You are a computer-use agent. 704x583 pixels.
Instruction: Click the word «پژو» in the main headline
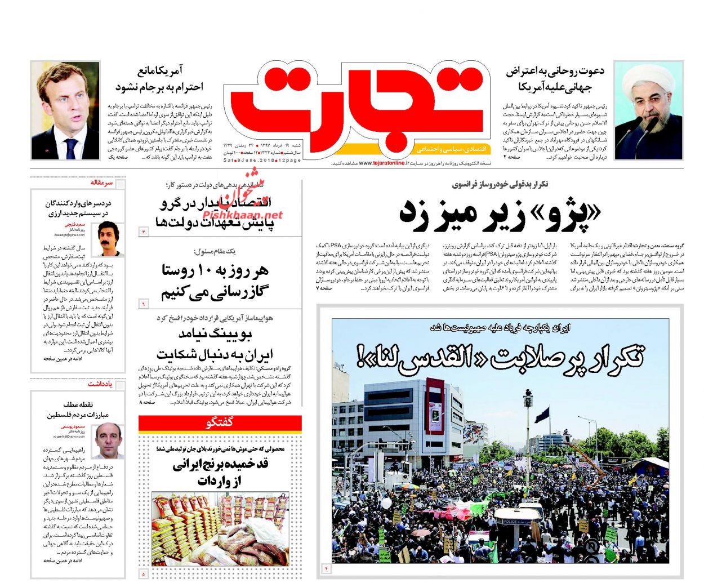point(566,214)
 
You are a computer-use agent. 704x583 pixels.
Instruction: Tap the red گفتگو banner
point(220,422)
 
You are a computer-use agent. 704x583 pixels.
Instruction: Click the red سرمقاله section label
point(101,183)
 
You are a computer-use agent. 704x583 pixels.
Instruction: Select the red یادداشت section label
point(100,384)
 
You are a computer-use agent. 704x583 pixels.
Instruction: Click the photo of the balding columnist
point(109,440)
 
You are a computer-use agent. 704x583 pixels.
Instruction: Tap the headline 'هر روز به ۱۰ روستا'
point(215,271)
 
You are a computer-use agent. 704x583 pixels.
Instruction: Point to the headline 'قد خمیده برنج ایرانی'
point(220,465)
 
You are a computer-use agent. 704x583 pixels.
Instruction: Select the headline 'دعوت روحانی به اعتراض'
point(555,72)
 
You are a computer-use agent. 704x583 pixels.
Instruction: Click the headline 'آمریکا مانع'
point(160,72)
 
